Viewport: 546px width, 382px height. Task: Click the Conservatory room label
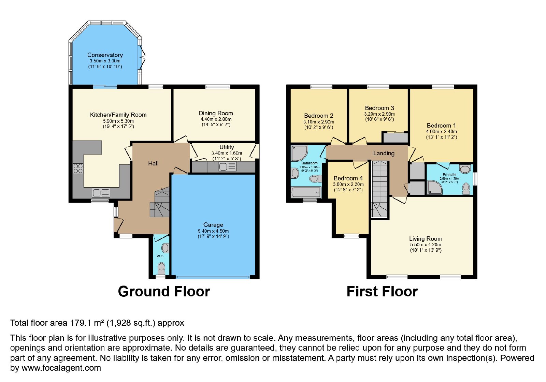[105, 55]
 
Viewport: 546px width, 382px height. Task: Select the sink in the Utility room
[228, 167]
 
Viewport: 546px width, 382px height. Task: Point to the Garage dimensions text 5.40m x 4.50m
[213, 231]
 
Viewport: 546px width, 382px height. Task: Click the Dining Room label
[216, 113]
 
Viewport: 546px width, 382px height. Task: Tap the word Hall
[153, 163]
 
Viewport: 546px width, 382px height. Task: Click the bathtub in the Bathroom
[306, 192]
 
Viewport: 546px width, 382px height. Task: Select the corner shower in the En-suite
[435, 187]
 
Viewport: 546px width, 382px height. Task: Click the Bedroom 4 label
[348, 178]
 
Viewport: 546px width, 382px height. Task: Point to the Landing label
[384, 153]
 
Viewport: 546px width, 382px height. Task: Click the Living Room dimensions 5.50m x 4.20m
[426, 245]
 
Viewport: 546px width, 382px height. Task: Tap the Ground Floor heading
[164, 291]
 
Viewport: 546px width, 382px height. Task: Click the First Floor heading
[382, 291]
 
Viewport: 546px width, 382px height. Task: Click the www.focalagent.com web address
[61, 368]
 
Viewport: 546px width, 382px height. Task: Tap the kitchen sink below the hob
[101, 193]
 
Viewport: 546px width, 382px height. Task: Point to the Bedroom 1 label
[441, 126]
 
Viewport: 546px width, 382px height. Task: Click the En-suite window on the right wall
[475, 179]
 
